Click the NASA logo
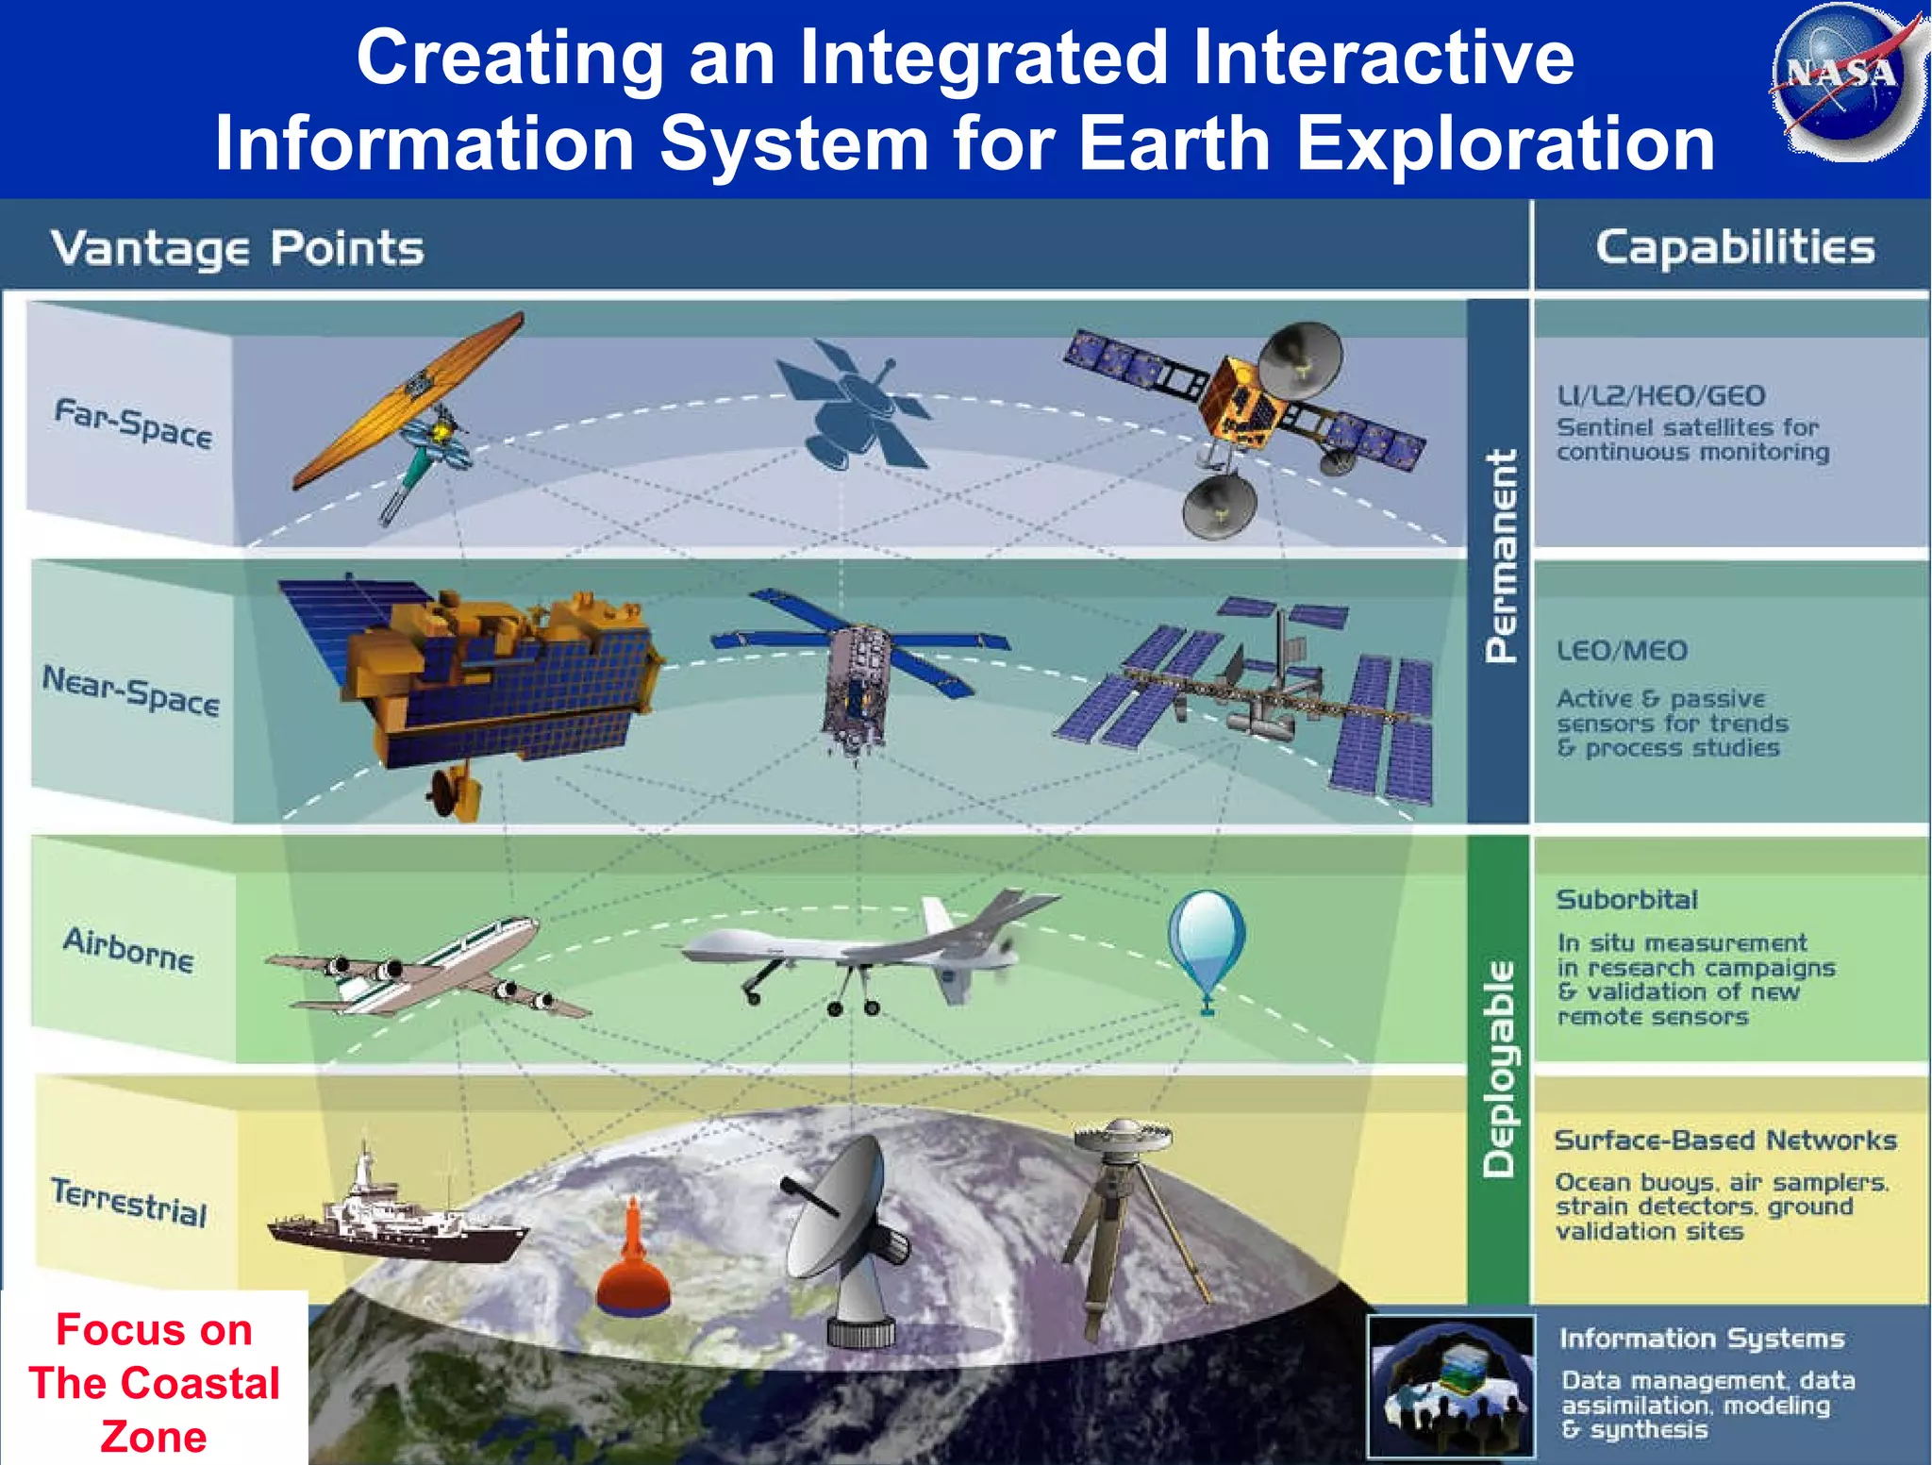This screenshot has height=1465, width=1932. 1845,80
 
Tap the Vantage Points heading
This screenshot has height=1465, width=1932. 237,249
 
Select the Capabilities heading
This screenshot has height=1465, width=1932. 1735,248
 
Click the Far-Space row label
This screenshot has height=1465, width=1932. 133,424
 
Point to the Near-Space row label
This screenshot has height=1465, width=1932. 131,691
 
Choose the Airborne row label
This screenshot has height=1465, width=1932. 129,949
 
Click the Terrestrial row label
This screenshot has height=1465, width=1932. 129,1201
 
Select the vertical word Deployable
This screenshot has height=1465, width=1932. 1499,1069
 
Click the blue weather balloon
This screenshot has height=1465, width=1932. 1207,937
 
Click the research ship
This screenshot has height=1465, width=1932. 396,1217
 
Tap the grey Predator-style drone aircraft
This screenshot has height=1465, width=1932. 868,948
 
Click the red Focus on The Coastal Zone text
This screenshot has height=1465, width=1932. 154,1382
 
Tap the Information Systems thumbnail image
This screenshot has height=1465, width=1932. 1451,1386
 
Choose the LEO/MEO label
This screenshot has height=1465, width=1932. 1622,650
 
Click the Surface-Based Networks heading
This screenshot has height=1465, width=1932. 1724,1140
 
